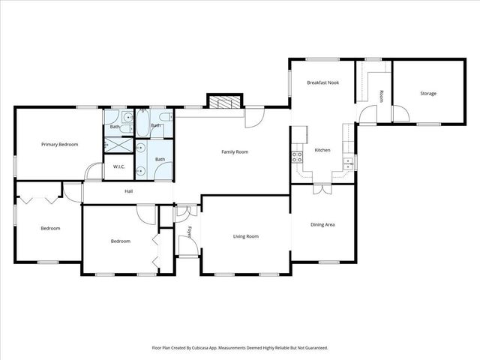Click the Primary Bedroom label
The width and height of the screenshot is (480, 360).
point(59,144)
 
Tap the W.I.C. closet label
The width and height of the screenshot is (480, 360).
point(118,166)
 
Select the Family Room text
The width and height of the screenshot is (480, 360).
point(234,152)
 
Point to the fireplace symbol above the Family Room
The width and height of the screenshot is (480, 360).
point(225,103)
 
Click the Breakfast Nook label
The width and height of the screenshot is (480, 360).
point(323,82)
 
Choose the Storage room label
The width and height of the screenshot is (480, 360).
point(428,94)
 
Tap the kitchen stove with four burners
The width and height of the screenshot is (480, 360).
point(297,157)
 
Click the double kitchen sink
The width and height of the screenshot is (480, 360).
point(347,163)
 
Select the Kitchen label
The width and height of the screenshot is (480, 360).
point(322,150)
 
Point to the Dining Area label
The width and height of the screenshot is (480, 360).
point(322,224)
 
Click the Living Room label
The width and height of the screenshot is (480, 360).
point(246,236)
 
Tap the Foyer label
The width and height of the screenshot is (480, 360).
point(190,231)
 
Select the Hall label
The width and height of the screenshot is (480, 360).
point(128,191)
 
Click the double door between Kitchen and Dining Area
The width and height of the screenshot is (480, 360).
point(321,190)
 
